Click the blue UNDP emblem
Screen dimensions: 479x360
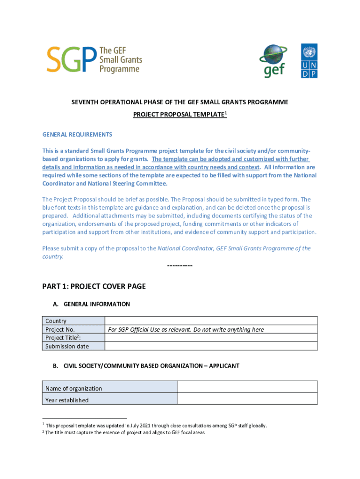click(x=309, y=61)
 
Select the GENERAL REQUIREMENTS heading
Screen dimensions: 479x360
click(x=77, y=135)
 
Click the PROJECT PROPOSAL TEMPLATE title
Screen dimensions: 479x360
click(x=180, y=115)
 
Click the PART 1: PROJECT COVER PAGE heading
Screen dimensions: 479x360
click(x=94, y=286)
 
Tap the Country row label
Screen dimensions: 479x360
click(x=56, y=321)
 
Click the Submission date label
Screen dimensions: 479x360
click(x=67, y=346)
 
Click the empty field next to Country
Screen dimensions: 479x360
click(x=211, y=321)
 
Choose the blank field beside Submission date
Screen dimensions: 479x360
click(x=211, y=346)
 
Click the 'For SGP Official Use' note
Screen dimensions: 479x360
click(x=186, y=329)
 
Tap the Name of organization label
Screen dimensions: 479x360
click(x=73, y=388)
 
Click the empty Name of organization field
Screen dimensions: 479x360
click(x=247, y=387)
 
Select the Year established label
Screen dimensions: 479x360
click(x=67, y=400)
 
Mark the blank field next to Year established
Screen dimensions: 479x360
click(x=247, y=399)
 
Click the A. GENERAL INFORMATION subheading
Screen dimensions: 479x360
click(x=91, y=304)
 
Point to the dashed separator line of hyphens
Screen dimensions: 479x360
click(x=180, y=266)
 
